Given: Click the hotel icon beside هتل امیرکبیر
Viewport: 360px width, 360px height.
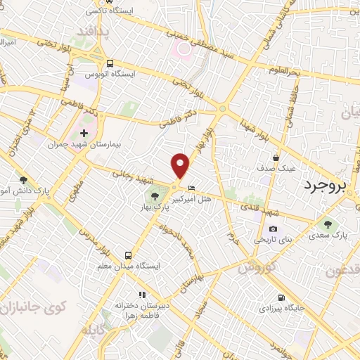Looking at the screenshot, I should point(192,188).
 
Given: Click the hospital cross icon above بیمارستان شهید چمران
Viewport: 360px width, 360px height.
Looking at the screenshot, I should point(84,133).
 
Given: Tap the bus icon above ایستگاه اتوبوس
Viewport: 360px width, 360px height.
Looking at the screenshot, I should point(110,63).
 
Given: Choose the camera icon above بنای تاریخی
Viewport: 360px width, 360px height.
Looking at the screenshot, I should point(273,229).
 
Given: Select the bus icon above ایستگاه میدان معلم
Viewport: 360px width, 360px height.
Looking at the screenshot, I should point(128,255).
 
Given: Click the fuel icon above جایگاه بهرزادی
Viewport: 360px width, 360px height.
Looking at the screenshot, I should point(281,297).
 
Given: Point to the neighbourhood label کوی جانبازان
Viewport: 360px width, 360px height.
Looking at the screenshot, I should point(33,307).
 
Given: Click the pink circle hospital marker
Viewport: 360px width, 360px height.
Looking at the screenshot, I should point(184,49).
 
